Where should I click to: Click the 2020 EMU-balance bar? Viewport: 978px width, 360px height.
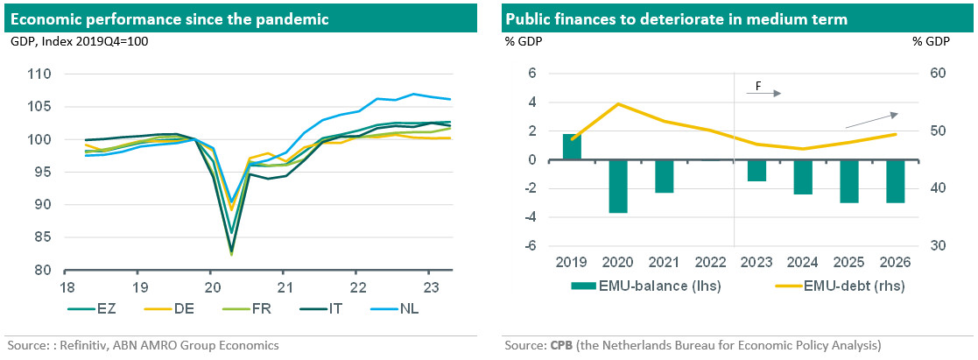[x=618, y=186]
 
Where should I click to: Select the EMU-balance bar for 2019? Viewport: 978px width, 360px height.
[x=572, y=147]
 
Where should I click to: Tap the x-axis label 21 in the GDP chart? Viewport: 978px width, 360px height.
[x=284, y=286]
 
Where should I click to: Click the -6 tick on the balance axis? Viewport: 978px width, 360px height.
[x=528, y=246]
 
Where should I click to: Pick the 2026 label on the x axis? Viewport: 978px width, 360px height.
[x=894, y=263]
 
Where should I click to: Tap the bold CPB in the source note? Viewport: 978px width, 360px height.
[x=561, y=345]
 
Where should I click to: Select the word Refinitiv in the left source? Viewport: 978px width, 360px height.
[x=73, y=345]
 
